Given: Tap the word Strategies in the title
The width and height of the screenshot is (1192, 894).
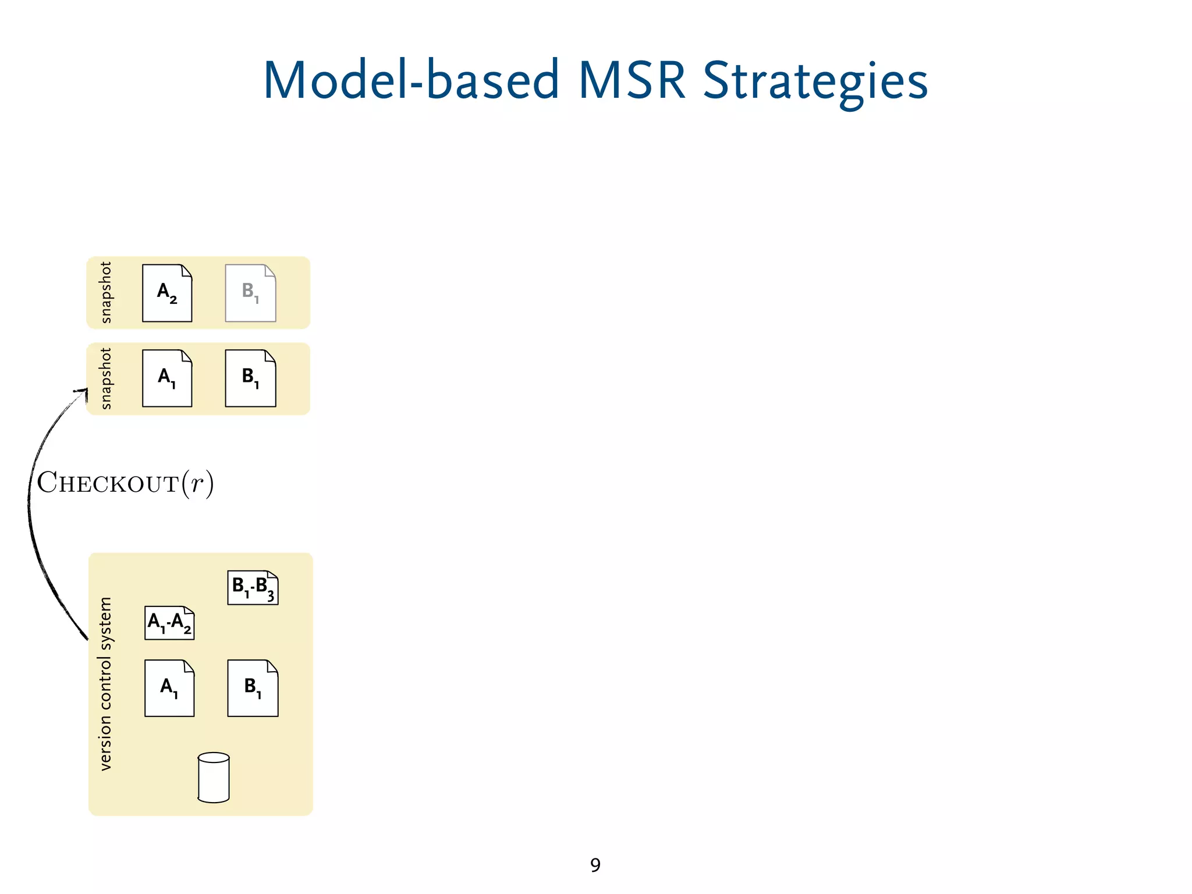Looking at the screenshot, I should point(815,81).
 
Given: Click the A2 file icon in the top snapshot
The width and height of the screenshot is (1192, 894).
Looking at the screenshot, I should point(167,293).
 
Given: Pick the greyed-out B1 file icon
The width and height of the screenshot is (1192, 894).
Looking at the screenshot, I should point(250,293).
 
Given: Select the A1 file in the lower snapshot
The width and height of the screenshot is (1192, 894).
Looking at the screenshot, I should point(167,378).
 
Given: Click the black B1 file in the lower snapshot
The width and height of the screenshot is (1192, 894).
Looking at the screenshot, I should point(250,378).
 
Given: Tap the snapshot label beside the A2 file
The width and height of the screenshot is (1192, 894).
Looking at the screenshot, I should point(105,292).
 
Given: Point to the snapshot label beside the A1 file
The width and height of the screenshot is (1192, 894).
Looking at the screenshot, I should point(105,378).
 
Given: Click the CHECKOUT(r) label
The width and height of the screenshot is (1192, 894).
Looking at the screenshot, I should point(125,483).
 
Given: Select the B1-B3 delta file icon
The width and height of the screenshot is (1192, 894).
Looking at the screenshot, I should point(253,587).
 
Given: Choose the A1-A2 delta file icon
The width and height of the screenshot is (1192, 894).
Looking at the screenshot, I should point(169,623).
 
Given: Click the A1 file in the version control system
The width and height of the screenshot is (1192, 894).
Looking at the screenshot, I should point(169,688).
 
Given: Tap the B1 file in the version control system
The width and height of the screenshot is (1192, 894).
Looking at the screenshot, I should point(253,688).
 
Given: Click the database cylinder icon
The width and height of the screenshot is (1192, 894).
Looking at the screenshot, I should point(214,778).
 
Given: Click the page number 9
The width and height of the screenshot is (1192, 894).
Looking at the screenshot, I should point(595,865).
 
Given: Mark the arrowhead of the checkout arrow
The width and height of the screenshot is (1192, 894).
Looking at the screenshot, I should point(82,392).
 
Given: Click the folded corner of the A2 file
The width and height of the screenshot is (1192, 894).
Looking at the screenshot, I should point(186,270).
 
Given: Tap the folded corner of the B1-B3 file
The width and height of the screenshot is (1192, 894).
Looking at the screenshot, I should point(272,575).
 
